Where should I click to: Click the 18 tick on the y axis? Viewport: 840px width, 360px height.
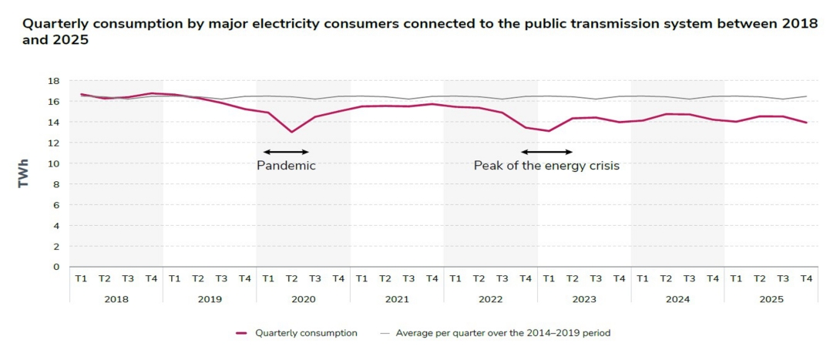pos(54,80)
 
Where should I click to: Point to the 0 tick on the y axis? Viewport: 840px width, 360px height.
pos(56,267)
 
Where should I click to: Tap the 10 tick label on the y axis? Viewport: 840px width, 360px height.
pos(54,163)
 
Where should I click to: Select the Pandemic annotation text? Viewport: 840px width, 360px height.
pos(286,165)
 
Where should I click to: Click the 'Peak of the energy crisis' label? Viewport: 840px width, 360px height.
pos(546,165)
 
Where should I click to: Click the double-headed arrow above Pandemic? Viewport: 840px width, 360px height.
pos(286,151)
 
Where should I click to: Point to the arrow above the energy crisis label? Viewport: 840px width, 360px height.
pos(546,151)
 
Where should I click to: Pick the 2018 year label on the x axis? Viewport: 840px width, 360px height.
pos(116,298)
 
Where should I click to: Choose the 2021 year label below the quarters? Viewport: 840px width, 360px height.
pos(396,298)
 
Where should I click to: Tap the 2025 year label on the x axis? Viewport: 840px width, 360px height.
pos(771,298)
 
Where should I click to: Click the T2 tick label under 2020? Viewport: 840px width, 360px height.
pos(291,278)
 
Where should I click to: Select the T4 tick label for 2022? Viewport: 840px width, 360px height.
pos(526,278)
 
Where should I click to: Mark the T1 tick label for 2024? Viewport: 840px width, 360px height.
pos(643,278)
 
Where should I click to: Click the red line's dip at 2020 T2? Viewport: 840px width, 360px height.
pos(291,132)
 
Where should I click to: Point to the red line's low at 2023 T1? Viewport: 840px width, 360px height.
pos(549,131)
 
